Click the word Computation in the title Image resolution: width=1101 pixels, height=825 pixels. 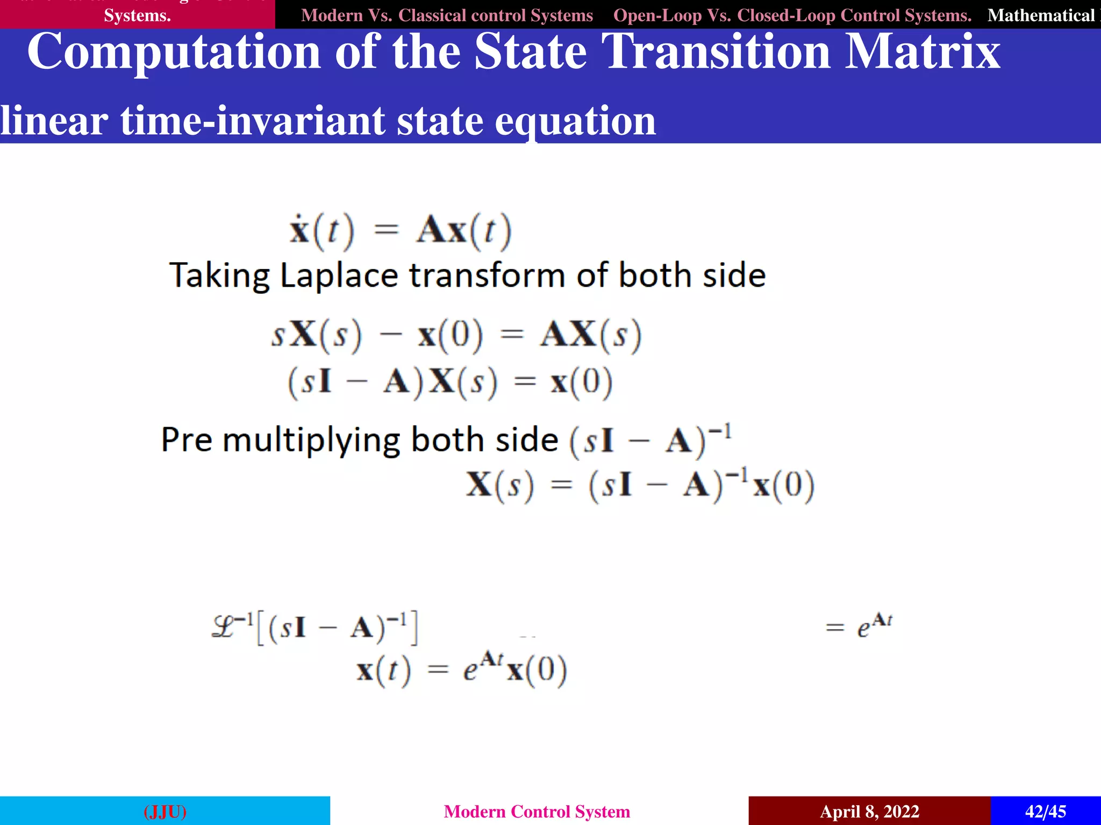pyautogui.click(x=174, y=52)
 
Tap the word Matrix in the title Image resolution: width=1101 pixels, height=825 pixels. pyautogui.click(x=922, y=52)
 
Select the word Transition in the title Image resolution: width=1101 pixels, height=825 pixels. pyautogui.click(x=716, y=52)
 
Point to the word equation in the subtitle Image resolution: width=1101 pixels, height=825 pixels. pyautogui.click(x=575, y=122)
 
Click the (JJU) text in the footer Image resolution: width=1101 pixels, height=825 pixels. pyautogui.click(x=165, y=811)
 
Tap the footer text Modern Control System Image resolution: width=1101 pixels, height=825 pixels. pyautogui.click(x=537, y=811)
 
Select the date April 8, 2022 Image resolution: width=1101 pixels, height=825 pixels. pyautogui.click(x=869, y=811)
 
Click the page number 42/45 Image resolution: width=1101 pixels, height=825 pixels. pyautogui.click(x=1045, y=811)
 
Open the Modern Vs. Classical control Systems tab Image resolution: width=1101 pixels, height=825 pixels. pyautogui.click(x=447, y=15)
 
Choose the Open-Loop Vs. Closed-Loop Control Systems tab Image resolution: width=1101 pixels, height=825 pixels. pyautogui.click(x=792, y=15)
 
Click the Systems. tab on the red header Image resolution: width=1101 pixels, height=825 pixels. pyautogui.click(x=137, y=15)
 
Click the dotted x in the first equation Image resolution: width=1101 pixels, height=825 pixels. pyautogui.click(x=299, y=230)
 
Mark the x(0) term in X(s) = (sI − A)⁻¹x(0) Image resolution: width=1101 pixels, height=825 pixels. pyautogui.click(x=784, y=486)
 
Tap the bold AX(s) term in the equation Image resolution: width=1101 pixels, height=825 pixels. pyautogui.click(x=590, y=335)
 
